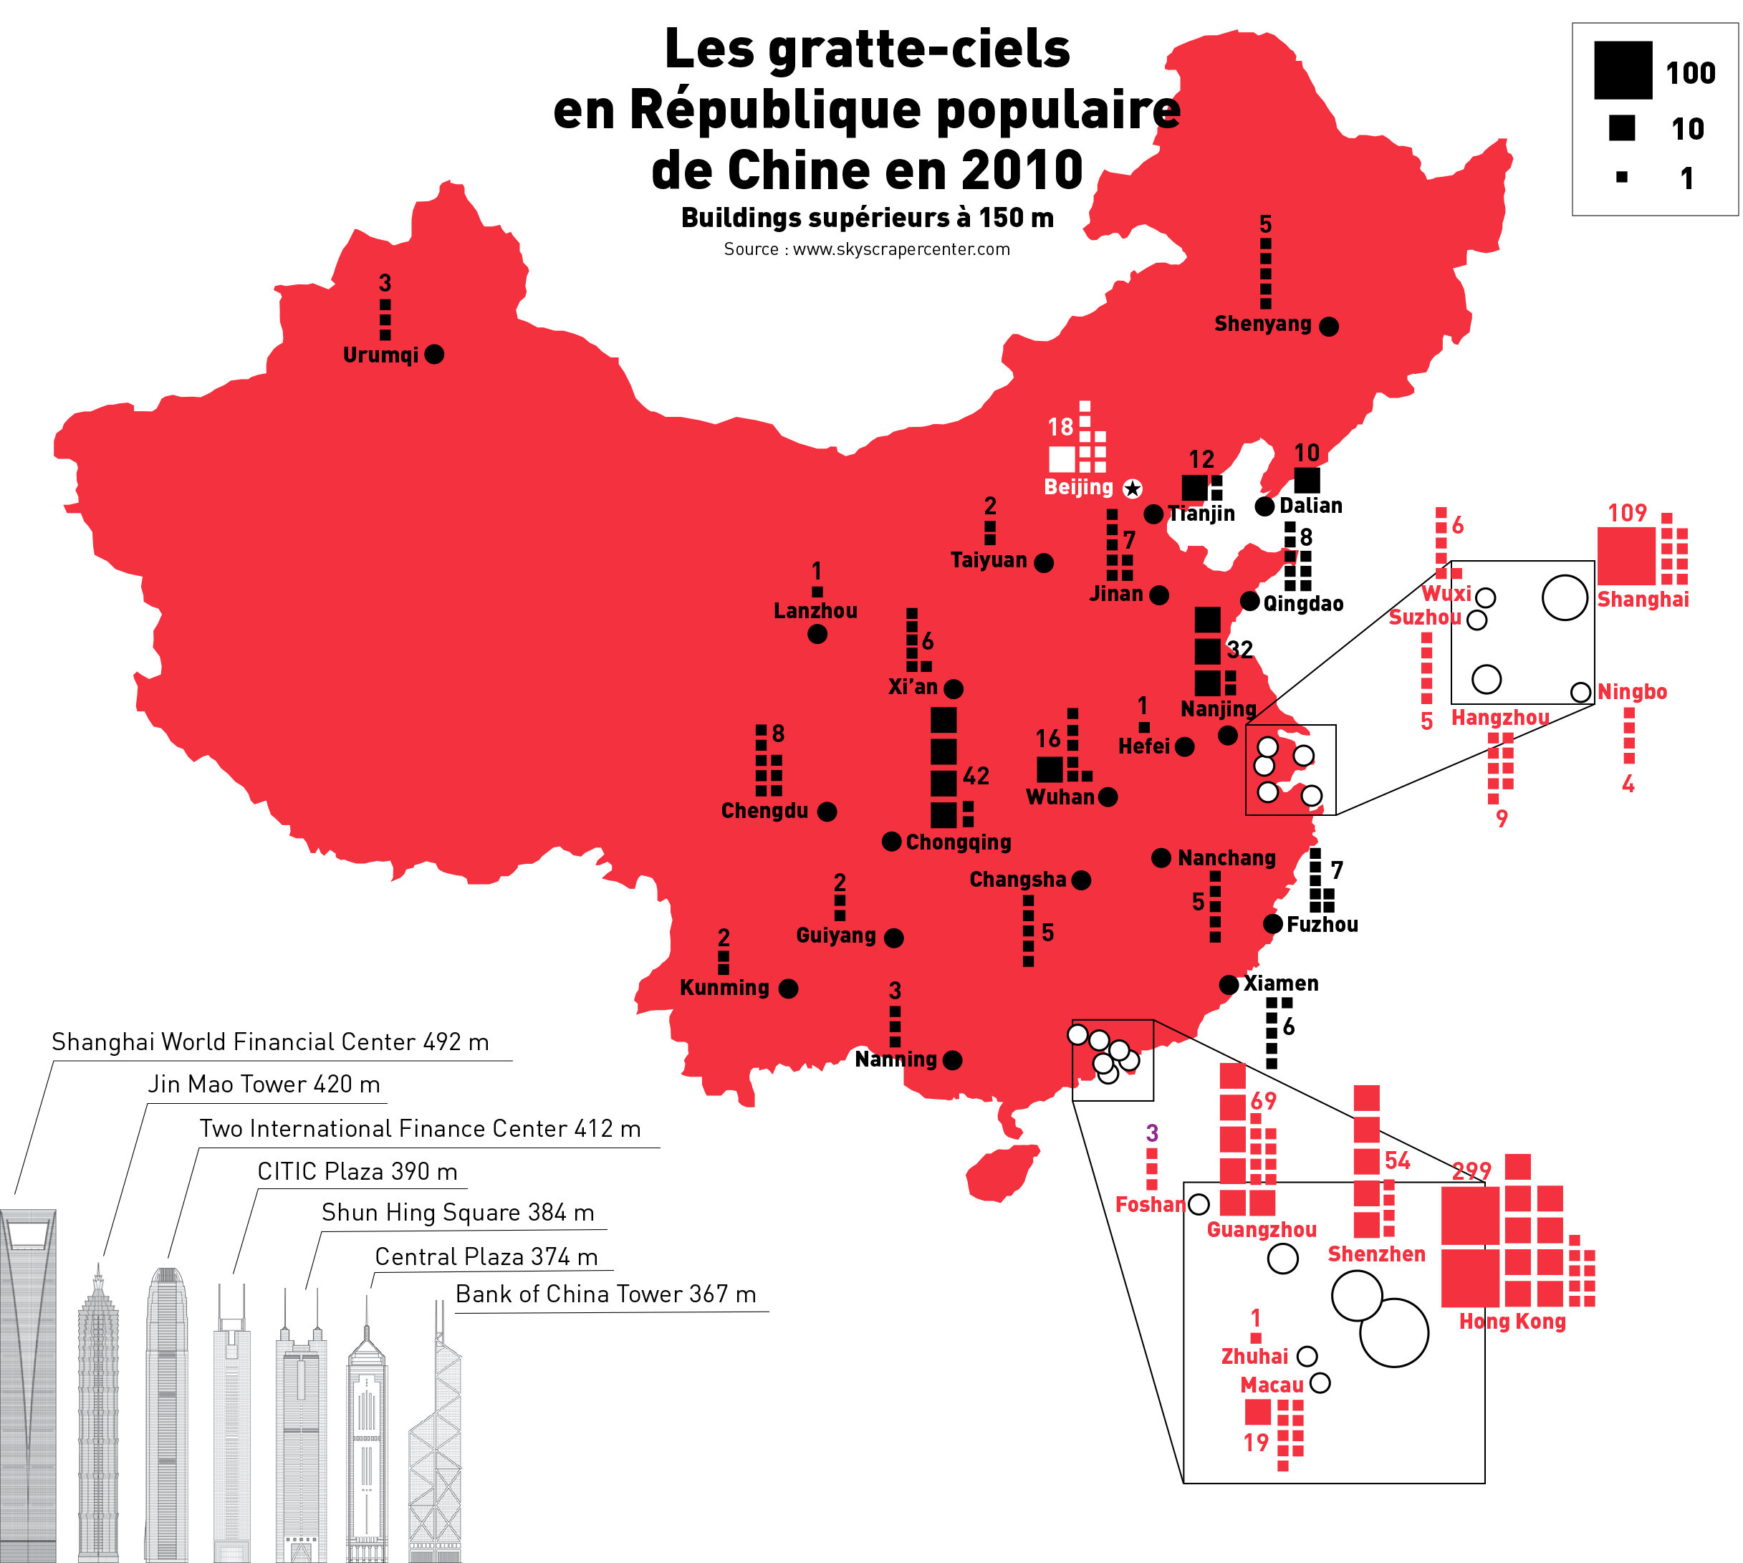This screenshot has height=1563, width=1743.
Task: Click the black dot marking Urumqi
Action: tap(435, 354)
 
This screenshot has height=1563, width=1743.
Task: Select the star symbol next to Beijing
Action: tap(1133, 489)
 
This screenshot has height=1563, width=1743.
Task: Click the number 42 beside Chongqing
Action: tap(976, 776)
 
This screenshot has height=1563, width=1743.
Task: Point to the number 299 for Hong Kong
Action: tap(1471, 1170)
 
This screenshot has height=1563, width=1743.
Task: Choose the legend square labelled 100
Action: tap(1623, 70)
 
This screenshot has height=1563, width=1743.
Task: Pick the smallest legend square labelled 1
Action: tap(1622, 178)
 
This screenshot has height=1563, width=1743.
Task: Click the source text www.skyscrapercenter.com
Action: tap(901, 249)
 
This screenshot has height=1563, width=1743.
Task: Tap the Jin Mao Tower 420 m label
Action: tap(264, 1085)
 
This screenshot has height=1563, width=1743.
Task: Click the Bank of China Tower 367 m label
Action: tap(605, 1294)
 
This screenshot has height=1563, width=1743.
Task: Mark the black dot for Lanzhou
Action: tap(817, 634)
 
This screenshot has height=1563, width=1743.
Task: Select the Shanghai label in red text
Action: tap(1643, 600)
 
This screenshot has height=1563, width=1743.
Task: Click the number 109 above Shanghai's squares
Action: tap(1627, 513)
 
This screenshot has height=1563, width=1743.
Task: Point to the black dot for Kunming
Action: tap(788, 989)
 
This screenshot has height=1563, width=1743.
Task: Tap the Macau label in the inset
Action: tap(1272, 1385)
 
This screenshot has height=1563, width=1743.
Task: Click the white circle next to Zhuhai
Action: tap(1307, 1356)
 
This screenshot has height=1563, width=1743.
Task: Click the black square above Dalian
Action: tap(1307, 480)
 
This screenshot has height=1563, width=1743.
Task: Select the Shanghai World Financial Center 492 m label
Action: tap(271, 1042)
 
